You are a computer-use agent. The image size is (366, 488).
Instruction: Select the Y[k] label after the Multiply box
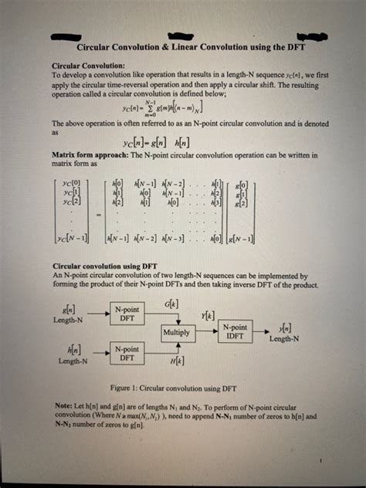208,318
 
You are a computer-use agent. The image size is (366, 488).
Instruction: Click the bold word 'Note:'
63,404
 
